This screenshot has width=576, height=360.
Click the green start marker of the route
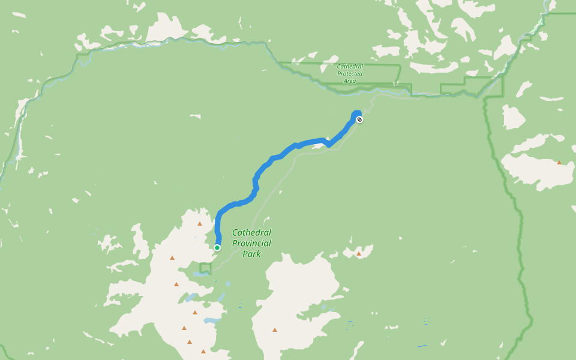(217, 248)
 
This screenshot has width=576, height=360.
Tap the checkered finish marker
(359, 119)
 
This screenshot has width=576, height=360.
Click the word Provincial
(251, 243)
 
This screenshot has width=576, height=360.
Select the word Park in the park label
(251, 254)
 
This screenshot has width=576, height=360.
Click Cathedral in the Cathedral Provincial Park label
(251, 232)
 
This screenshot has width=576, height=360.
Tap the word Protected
(350, 73)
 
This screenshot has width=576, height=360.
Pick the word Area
(350, 80)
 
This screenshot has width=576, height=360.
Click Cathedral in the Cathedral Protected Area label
(350, 66)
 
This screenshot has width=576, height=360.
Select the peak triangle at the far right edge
(559, 162)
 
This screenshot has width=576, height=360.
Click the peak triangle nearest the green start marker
(200, 223)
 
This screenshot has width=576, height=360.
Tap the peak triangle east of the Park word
(359, 254)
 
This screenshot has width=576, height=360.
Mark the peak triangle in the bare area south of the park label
(275, 329)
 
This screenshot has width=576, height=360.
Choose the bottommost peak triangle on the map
(203, 351)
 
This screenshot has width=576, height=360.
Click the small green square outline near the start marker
(206, 268)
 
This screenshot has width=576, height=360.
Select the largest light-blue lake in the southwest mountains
(211, 321)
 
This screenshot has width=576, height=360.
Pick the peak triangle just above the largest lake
(195, 312)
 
